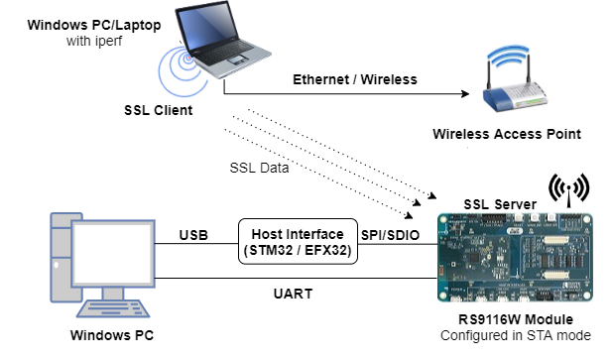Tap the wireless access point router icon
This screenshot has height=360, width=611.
[x=515, y=84]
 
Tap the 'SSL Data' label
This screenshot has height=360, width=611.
[x=259, y=168]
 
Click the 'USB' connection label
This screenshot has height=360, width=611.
[x=192, y=235]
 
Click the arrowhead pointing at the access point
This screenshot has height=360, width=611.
[x=461, y=95]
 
